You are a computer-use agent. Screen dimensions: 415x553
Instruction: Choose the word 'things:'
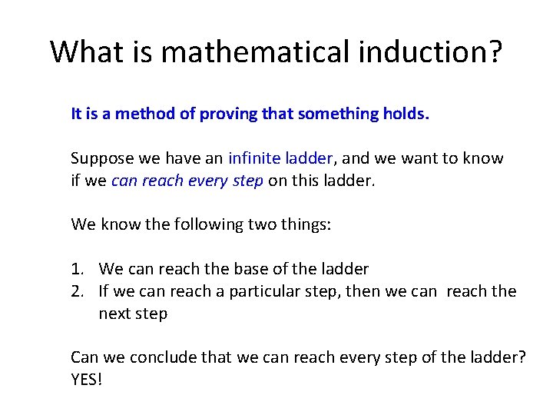[x=307, y=224]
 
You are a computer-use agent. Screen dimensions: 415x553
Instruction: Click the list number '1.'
[x=78, y=270]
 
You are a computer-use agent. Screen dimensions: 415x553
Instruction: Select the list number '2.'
[x=78, y=291]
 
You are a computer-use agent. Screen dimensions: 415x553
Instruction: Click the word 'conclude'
[x=162, y=357]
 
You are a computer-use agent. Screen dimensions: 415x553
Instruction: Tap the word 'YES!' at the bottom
[x=86, y=379]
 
